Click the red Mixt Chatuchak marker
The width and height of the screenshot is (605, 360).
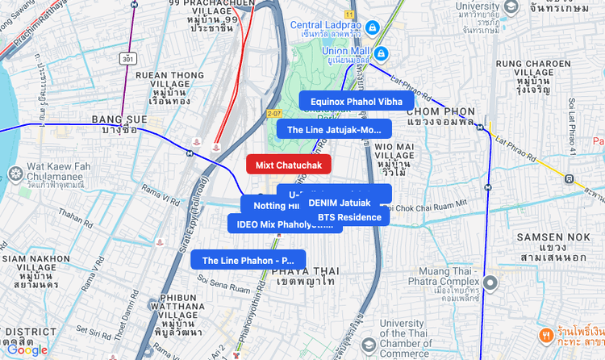click(288, 165)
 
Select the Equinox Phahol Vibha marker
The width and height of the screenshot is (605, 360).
click(356, 101)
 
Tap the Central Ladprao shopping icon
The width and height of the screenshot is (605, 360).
click(372, 27)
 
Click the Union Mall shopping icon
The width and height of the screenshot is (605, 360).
click(382, 54)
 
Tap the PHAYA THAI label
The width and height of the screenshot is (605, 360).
click(304, 276)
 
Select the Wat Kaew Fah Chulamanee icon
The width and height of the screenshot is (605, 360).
click(15, 174)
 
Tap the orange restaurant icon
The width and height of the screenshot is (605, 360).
click(548, 335)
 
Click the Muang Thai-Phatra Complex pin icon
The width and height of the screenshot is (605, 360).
click(490, 283)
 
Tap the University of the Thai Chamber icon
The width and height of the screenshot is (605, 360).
click(368, 345)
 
